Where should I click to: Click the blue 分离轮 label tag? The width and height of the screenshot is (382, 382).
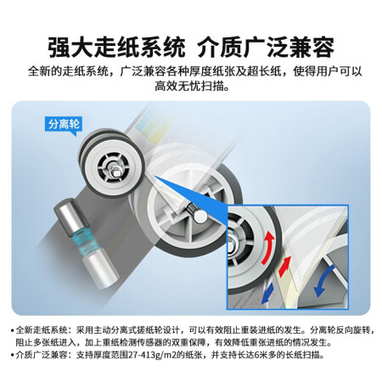click(64, 124)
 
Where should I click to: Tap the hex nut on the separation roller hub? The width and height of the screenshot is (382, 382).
click(115, 170)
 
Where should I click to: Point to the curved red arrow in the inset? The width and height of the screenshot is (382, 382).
click(268, 248)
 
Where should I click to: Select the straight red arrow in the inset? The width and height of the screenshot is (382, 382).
click(284, 267)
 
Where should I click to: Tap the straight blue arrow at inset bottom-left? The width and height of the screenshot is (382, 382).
click(267, 293)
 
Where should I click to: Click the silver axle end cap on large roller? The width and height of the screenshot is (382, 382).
click(200, 216)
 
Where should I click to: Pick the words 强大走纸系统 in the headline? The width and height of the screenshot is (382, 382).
click(116, 47)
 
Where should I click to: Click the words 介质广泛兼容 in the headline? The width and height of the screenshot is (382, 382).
click(266, 47)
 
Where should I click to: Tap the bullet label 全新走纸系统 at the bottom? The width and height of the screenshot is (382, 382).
click(42, 330)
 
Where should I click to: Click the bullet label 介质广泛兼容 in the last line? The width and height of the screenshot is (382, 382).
click(42, 355)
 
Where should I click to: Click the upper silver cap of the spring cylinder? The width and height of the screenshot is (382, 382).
click(65, 214)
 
